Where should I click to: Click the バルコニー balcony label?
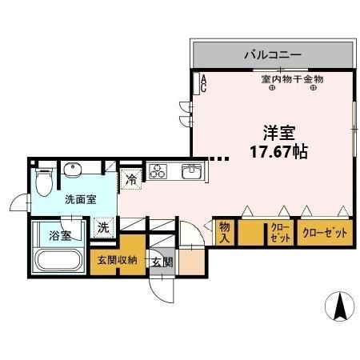pos(272,55)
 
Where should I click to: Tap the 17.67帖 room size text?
pos(275,150)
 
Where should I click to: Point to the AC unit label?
pos(203,83)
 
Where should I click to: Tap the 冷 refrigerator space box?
pos(130,181)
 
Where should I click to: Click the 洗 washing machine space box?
pos(103,227)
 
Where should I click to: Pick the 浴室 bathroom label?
pos(59,235)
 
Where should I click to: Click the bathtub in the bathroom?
pos(58,261)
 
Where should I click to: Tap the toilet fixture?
pos(46,180)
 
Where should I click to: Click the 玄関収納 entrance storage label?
pos(118,260)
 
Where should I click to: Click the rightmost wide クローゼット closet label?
pos(325,234)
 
